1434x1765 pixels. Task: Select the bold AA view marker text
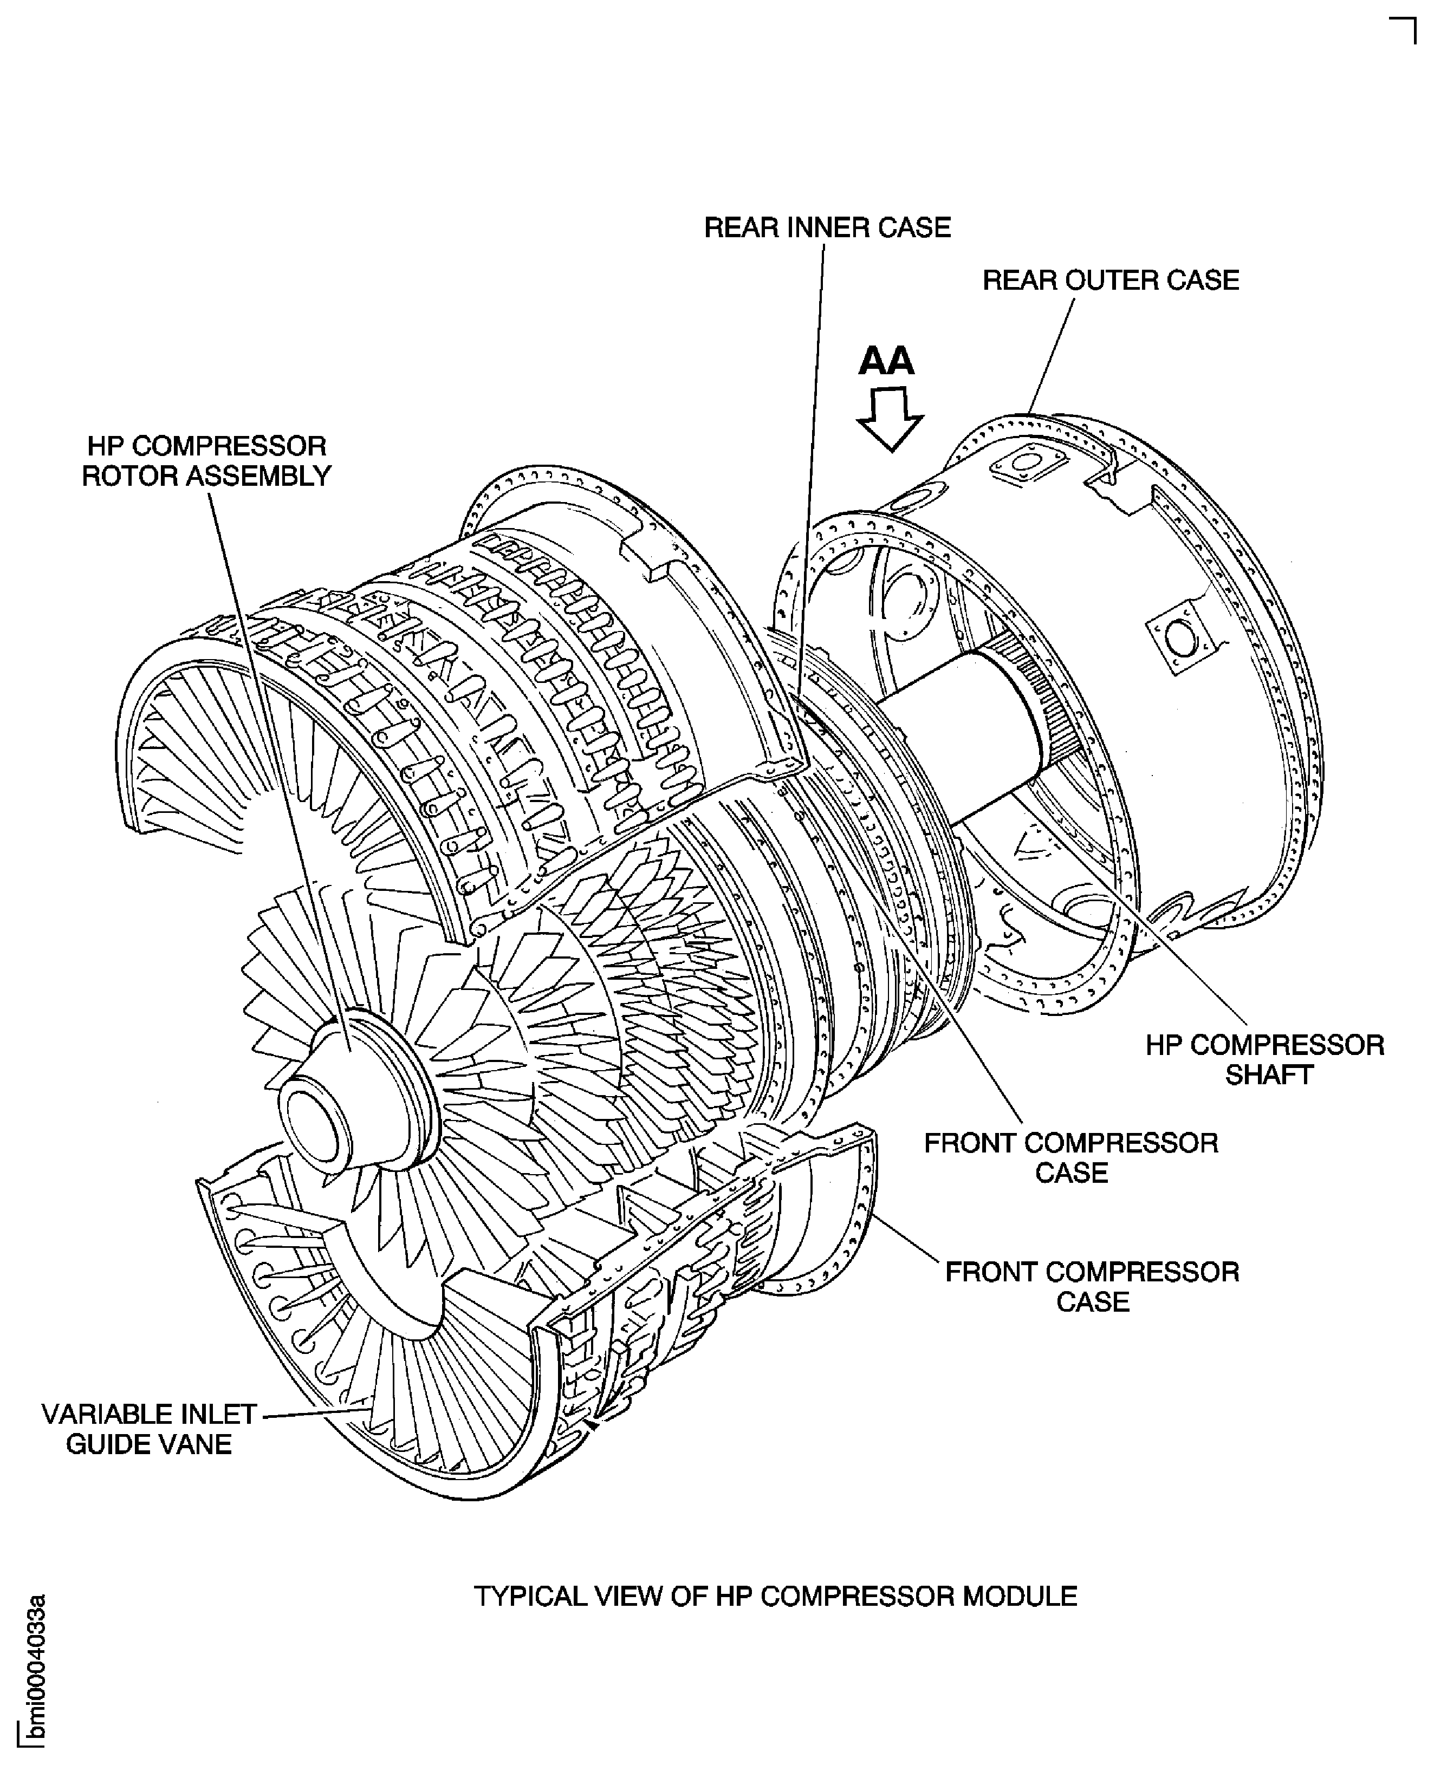tap(886, 361)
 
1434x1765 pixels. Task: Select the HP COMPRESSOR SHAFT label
tap(1264, 1060)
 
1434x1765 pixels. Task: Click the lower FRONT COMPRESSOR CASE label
tap(1092, 1287)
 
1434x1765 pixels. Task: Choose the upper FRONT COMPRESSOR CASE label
tap(1070, 1158)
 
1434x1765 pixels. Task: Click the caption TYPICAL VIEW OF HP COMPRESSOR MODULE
tap(775, 1595)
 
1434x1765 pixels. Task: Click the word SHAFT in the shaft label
tap(1269, 1076)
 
